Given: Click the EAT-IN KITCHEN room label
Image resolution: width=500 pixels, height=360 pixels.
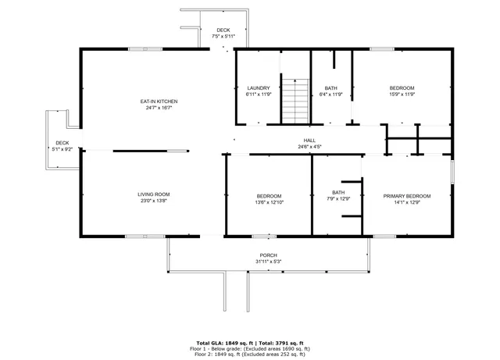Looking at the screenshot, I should click(x=159, y=102).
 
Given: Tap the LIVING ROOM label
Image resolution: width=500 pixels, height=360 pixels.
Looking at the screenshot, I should click(x=154, y=194).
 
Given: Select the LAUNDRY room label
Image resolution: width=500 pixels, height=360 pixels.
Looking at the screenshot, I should click(x=258, y=87).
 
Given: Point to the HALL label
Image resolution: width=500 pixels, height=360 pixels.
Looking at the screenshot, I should click(x=309, y=140).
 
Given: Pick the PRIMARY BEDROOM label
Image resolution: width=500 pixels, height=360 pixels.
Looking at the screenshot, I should click(x=406, y=195).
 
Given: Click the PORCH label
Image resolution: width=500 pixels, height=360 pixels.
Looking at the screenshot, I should click(x=268, y=255).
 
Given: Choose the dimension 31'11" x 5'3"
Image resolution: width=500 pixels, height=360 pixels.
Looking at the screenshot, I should click(x=268, y=262).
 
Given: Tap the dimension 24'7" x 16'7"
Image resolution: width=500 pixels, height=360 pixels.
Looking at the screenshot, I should click(x=159, y=108).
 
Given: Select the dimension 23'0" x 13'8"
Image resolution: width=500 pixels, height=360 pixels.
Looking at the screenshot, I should click(x=154, y=201).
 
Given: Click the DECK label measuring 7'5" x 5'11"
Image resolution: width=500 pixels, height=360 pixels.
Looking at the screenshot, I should click(x=223, y=30).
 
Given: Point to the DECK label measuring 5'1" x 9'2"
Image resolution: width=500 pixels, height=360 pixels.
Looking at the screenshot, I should click(x=62, y=143).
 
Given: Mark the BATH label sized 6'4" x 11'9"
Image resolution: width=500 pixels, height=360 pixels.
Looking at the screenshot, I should click(x=330, y=87).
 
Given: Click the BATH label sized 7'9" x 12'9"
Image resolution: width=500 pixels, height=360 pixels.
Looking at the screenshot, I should click(x=338, y=192).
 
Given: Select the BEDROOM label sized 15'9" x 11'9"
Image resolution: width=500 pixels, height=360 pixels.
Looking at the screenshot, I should click(x=402, y=87).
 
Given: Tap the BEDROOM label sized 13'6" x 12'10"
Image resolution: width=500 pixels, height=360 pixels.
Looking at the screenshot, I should click(x=269, y=195).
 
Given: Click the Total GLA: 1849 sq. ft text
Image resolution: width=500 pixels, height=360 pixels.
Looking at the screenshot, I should click(x=221, y=343).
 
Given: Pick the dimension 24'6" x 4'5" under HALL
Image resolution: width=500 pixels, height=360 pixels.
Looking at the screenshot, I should click(x=309, y=146).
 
